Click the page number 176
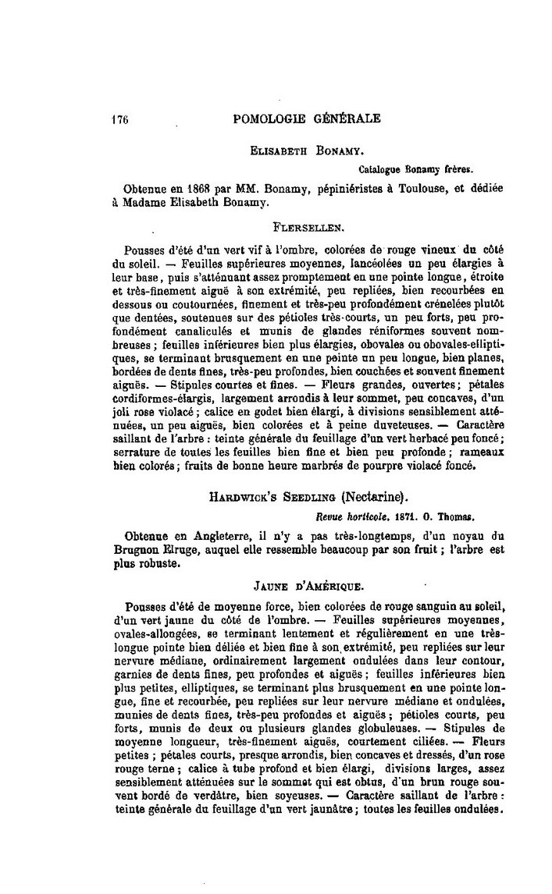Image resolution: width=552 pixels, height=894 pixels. tap(119, 119)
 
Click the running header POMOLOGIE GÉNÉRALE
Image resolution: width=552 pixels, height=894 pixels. tap(307, 119)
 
